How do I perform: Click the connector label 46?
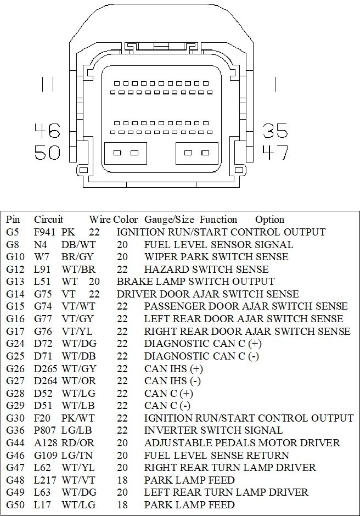coord(47,131)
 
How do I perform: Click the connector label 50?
coord(47,152)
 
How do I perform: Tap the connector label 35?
coord(275,131)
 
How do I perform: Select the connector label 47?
coord(275,152)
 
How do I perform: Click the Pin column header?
coord(13,219)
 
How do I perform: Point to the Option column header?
coord(269,219)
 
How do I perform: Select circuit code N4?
coord(40,244)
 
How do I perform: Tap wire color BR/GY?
coord(75,256)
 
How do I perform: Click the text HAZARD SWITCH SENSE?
coord(206,269)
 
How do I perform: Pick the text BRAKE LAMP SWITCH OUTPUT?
coord(195,282)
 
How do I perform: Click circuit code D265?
coord(46,368)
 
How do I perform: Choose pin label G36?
coord(15,430)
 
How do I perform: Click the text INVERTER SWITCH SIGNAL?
coord(213,430)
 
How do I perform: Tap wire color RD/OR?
coord(75,442)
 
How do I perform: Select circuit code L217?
coord(44,480)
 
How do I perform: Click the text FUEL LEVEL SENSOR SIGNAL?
coord(218,244)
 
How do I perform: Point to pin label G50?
coord(15,504)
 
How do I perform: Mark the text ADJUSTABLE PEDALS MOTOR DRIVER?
coord(242,442)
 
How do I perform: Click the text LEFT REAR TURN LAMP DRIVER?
coord(226,492)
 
